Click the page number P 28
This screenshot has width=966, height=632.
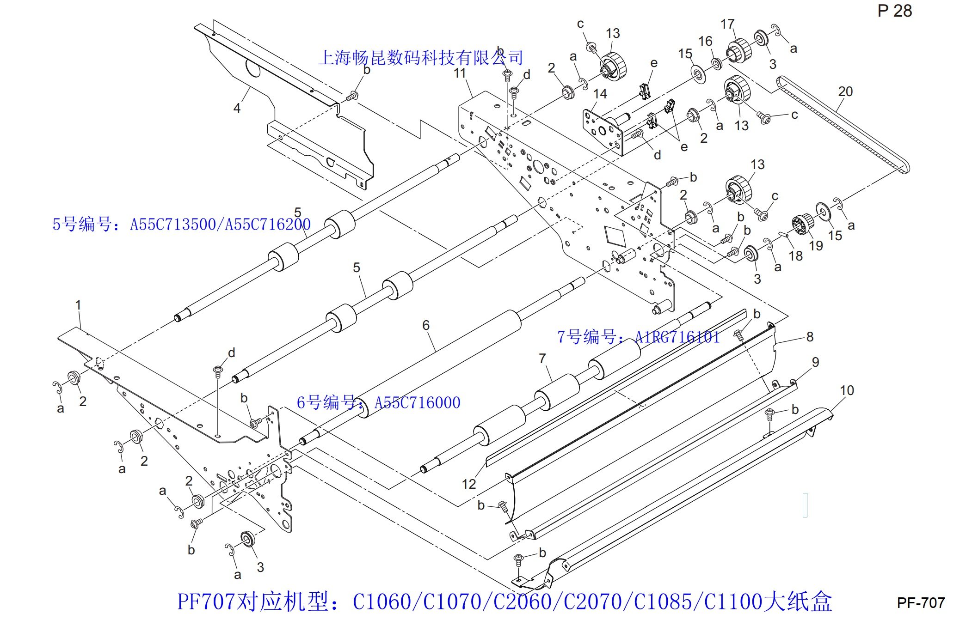[x=894, y=11]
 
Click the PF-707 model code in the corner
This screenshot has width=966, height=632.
[x=921, y=602]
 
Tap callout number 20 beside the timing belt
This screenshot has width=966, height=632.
[x=845, y=91]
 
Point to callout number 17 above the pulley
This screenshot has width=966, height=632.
[x=727, y=24]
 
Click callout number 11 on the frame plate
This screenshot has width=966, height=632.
[x=460, y=73]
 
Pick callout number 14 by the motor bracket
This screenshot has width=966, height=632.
[x=600, y=94]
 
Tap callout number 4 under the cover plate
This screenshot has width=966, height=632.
[x=237, y=108]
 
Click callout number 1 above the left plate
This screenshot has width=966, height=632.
[x=78, y=305]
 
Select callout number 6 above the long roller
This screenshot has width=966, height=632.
[x=426, y=325]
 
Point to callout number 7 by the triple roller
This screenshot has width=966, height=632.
[x=542, y=358]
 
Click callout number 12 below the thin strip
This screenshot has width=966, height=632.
[x=468, y=484]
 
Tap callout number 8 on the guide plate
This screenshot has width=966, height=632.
[x=810, y=337]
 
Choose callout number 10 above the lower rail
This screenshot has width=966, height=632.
[x=847, y=390]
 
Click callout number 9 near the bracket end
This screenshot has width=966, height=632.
[x=815, y=362]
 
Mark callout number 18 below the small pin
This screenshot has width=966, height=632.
[x=795, y=255]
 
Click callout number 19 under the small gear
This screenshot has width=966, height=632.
[x=816, y=245]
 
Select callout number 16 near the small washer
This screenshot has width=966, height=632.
[x=705, y=41]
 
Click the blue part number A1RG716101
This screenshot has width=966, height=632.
[x=677, y=337]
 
